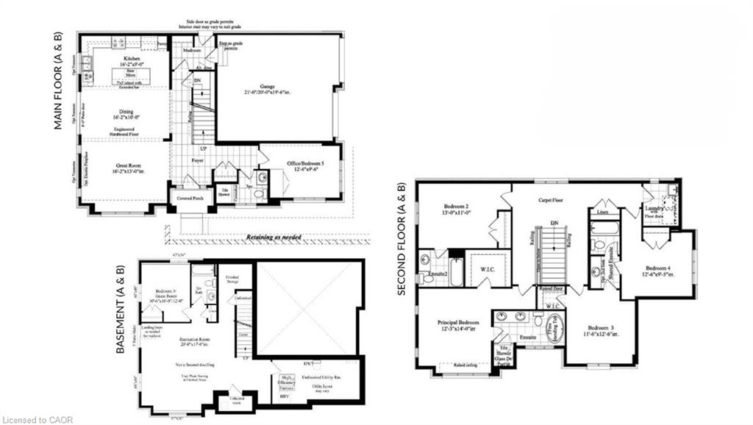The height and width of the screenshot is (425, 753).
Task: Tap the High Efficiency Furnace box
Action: pyautogui.click(x=285, y=381)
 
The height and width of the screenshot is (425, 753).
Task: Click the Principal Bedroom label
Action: pyautogui.click(x=460, y=325)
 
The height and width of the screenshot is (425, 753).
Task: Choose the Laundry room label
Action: pyautogui.click(x=657, y=210)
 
